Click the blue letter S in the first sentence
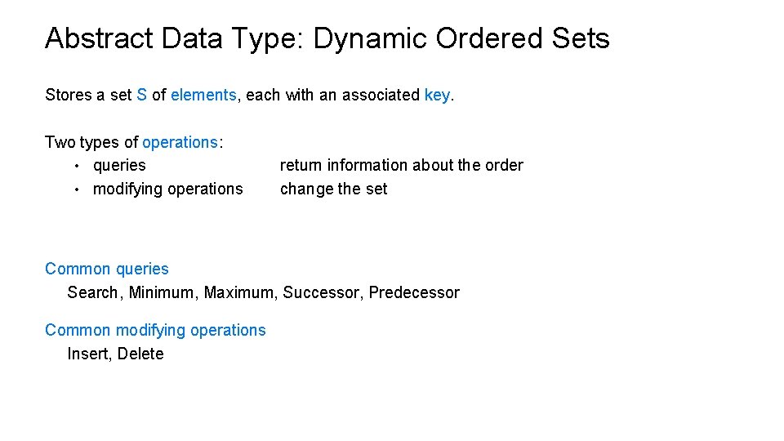click(141, 95)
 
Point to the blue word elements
click(203, 95)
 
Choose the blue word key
click(437, 95)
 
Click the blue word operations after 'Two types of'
click(180, 142)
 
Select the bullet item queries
click(119, 165)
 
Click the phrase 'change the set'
click(333, 189)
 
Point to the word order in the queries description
click(504, 165)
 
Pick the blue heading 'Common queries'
click(107, 269)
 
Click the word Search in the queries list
click(92, 292)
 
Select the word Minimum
click(162, 292)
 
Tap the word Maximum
click(240, 292)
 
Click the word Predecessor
click(414, 292)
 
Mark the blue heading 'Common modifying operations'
click(155, 330)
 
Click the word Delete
click(140, 354)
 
